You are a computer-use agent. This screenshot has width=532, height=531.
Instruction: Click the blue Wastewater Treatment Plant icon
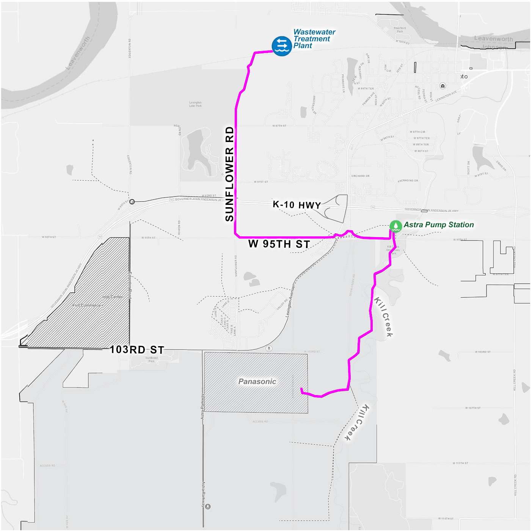(x=282, y=46)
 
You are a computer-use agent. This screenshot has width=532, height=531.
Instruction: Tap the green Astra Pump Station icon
(x=395, y=226)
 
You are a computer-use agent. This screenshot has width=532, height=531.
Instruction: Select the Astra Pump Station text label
(x=439, y=225)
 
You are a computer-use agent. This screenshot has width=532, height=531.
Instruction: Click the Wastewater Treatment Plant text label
(x=314, y=39)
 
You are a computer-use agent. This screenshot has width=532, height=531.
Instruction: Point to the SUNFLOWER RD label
(x=230, y=174)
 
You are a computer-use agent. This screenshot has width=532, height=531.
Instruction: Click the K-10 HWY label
(x=297, y=205)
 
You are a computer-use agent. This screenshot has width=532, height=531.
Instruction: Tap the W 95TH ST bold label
(x=279, y=244)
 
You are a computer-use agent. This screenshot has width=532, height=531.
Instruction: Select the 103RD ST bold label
(x=137, y=350)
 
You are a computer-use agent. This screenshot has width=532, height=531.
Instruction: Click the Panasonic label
(x=257, y=382)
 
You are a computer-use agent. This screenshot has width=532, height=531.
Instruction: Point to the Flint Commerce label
(x=87, y=305)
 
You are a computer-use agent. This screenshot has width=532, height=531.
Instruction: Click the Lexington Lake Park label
(x=195, y=104)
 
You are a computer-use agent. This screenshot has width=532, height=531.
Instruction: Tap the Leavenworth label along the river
(x=78, y=53)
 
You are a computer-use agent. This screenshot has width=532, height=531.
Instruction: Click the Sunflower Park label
(x=152, y=359)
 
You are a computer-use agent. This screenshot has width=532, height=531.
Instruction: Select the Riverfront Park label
(x=400, y=30)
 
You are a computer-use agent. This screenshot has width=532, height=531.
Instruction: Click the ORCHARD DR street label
(x=360, y=176)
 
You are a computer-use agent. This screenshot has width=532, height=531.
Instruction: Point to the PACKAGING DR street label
(x=408, y=181)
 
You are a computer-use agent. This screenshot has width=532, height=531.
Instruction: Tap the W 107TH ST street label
(x=473, y=408)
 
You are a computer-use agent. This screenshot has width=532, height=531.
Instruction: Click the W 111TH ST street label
(x=460, y=463)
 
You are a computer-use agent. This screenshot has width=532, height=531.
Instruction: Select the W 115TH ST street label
(x=446, y=519)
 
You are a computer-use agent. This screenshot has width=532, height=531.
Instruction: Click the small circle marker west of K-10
(x=132, y=201)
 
